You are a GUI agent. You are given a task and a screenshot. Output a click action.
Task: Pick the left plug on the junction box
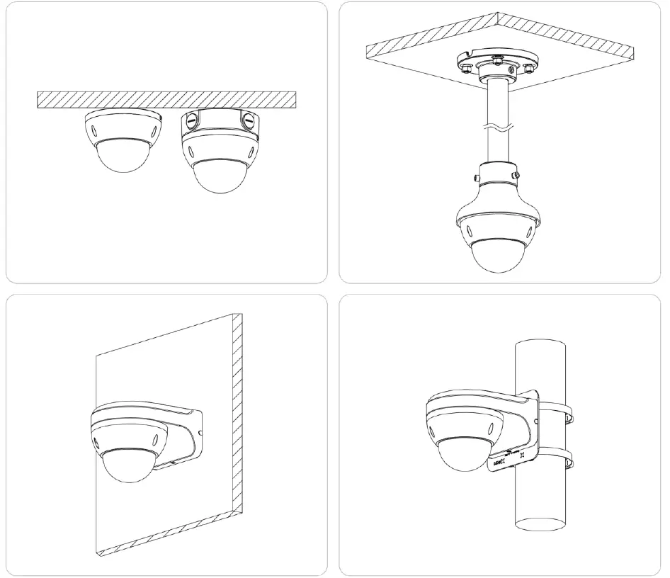tap(189, 122)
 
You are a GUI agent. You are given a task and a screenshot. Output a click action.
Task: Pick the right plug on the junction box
tap(248, 121)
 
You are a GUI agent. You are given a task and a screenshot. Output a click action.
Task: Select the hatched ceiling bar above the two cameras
tap(166, 99)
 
